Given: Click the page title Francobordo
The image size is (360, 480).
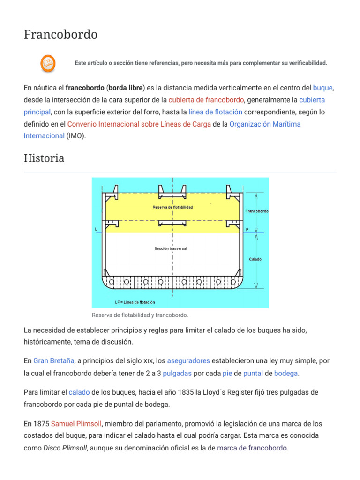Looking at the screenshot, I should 60,35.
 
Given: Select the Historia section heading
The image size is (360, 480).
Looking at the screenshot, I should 44,158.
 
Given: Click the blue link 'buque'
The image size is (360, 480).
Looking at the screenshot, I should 323,88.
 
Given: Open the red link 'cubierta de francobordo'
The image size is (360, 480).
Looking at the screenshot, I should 206,100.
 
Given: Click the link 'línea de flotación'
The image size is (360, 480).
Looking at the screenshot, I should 215,112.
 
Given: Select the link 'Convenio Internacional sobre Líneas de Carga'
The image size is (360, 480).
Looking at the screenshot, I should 139,124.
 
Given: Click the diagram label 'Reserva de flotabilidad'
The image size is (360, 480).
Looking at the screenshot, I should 172,207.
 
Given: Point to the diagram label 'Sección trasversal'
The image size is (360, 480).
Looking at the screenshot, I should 171,248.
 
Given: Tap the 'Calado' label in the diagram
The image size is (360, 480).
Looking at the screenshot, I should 255,259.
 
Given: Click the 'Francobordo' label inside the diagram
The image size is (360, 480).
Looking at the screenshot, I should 257,211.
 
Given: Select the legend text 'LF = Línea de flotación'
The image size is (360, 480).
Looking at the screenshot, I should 135,302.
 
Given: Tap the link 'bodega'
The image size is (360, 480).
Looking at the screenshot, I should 286,373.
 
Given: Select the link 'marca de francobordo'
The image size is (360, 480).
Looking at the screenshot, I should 252,448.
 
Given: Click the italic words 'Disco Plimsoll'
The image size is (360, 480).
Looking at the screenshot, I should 65,448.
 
